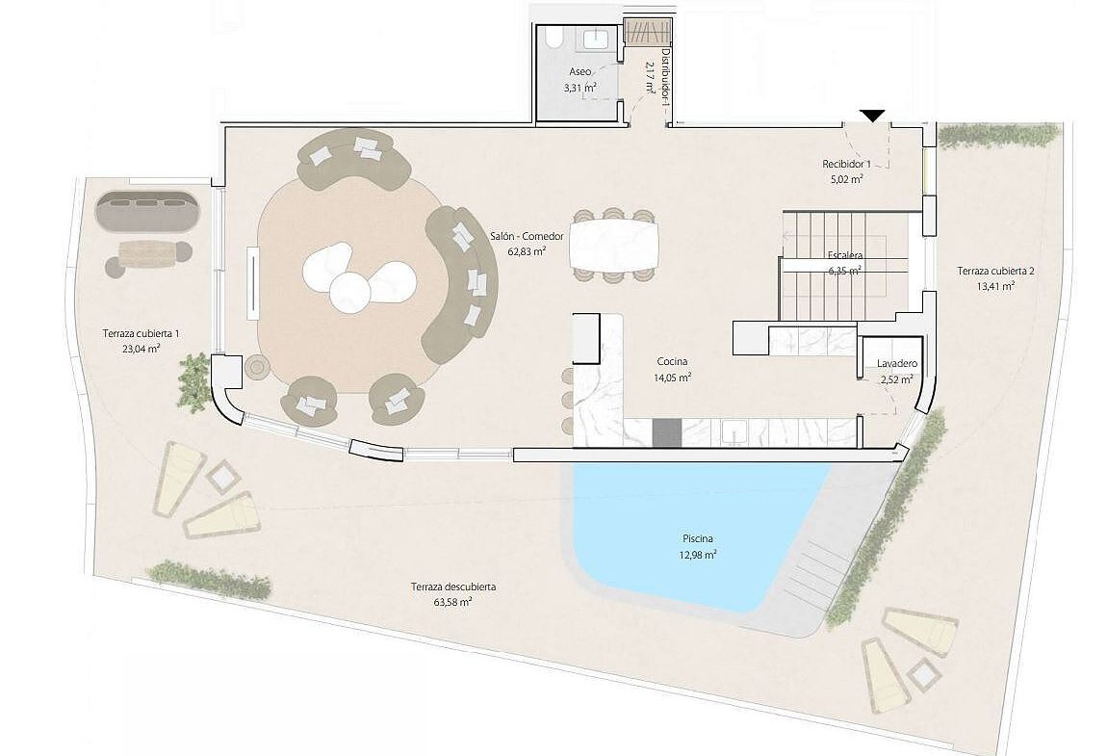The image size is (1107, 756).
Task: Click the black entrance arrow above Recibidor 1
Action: click(873, 116)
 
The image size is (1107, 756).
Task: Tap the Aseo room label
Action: click(580, 72)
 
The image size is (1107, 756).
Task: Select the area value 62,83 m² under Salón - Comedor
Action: click(527, 250)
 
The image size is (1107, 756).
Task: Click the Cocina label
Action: click(672, 362)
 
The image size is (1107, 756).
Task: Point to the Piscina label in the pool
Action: click(698, 539)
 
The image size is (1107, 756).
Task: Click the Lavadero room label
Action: click(897, 364)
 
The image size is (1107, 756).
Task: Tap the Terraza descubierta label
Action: click(453, 587)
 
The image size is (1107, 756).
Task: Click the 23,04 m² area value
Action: click(142, 349)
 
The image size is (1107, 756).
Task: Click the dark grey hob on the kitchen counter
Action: click(666, 432)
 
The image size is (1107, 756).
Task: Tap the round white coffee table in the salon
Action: click(349, 292)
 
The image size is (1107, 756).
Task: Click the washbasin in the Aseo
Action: click(598, 39)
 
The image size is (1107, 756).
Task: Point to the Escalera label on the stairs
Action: click(845, 256)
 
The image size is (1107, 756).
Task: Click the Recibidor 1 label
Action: click(846, 164)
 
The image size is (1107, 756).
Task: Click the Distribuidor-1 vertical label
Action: click(665, 77)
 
